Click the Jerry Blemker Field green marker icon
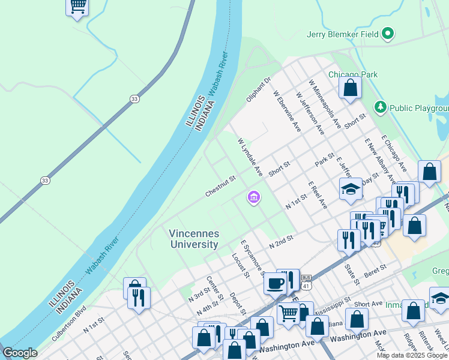tap(388, 34)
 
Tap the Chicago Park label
tap(353, 74)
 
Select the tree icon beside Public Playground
tap(379, 107)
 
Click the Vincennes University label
tap(193, 239)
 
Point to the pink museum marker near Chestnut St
tap(253, 197)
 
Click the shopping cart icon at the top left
tap(77, 7)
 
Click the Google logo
tap(19, 353)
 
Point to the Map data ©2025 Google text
tap(412, 355)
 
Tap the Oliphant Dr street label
tap(259, 89)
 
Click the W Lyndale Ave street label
tap(250, 158)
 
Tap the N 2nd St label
tap(281, 242)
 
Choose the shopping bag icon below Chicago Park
tap(350, 88)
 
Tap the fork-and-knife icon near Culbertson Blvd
tap(139, 298)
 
